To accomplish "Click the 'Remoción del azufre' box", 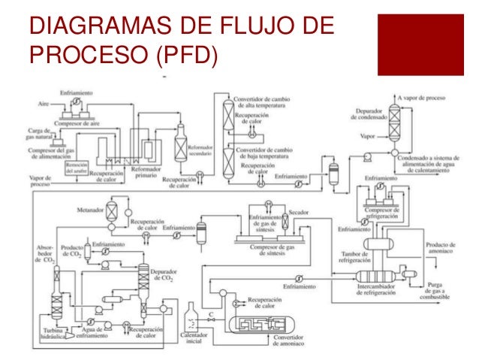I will (77, 167).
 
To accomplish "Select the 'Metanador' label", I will (90, 212).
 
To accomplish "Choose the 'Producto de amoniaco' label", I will (441, 248).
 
